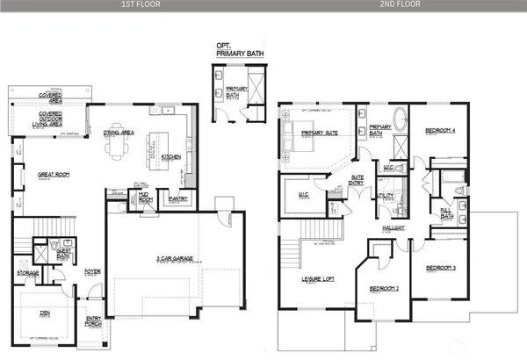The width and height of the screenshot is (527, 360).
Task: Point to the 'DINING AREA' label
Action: (118, 133)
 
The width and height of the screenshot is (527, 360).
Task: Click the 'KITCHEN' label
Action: (170, 156)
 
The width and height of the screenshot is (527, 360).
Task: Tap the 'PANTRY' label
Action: (178, 198)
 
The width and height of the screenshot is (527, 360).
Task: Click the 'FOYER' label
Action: (92, 271)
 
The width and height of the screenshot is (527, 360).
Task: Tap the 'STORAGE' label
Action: (27, 272)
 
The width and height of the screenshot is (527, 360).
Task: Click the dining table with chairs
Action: (117, 148)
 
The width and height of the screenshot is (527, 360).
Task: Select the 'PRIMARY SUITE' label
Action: (318, 133)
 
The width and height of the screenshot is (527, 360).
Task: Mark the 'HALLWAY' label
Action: (393, 227)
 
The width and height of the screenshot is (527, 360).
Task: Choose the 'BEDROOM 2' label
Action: (384, 288)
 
